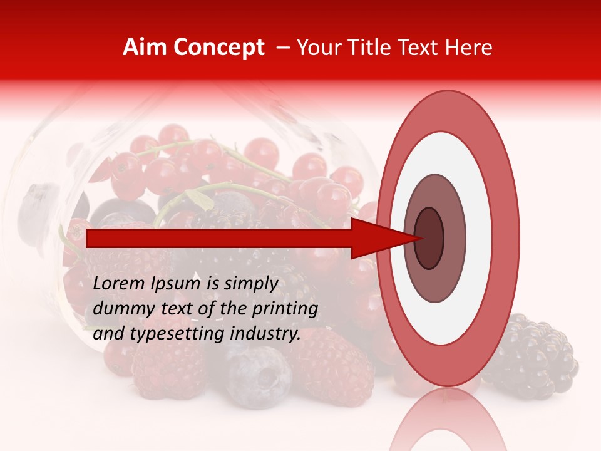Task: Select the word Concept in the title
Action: (x=218, y=48)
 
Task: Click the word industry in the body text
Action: (x=264, y=333)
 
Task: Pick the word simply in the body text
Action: (x=251, y=284)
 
